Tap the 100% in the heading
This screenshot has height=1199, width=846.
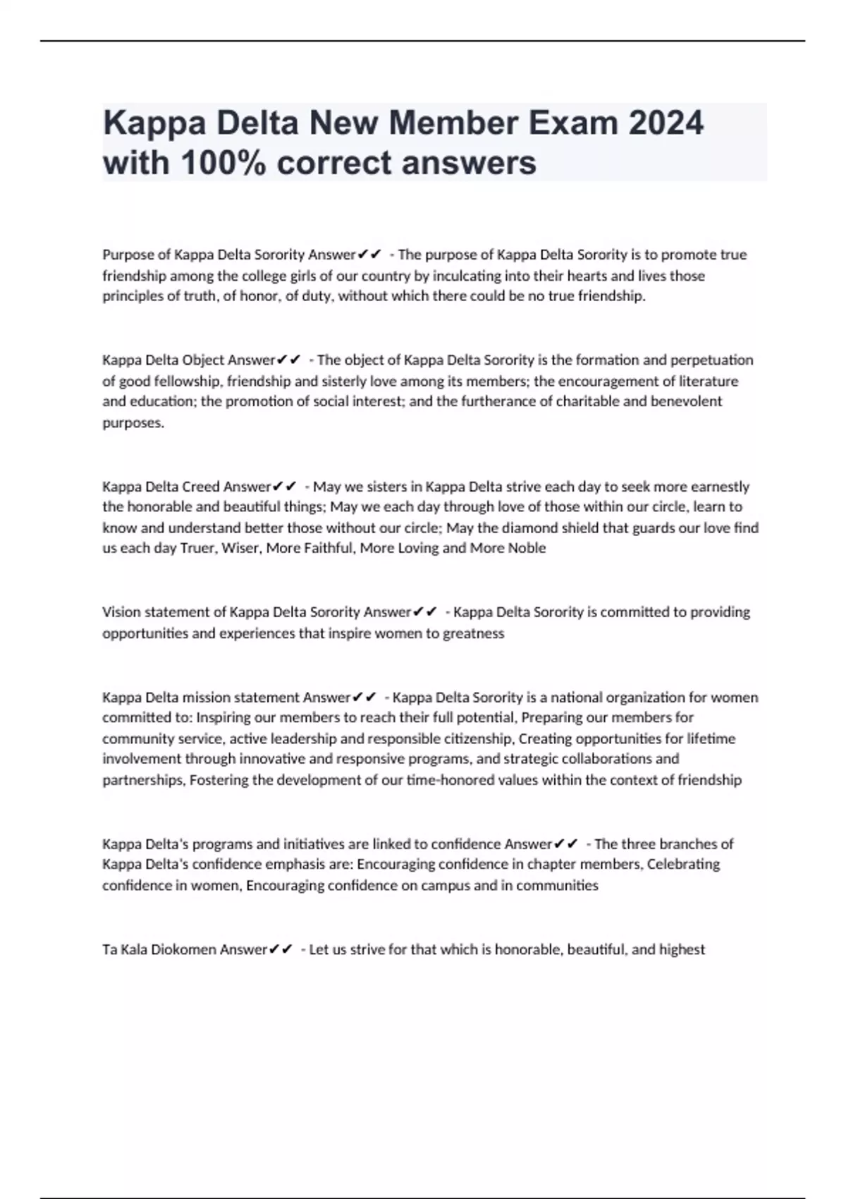220,163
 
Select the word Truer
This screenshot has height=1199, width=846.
197,548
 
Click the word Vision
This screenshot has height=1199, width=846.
121,611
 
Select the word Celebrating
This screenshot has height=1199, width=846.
683,864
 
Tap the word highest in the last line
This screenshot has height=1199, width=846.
682,949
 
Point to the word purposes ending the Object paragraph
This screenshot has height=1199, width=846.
133,423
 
